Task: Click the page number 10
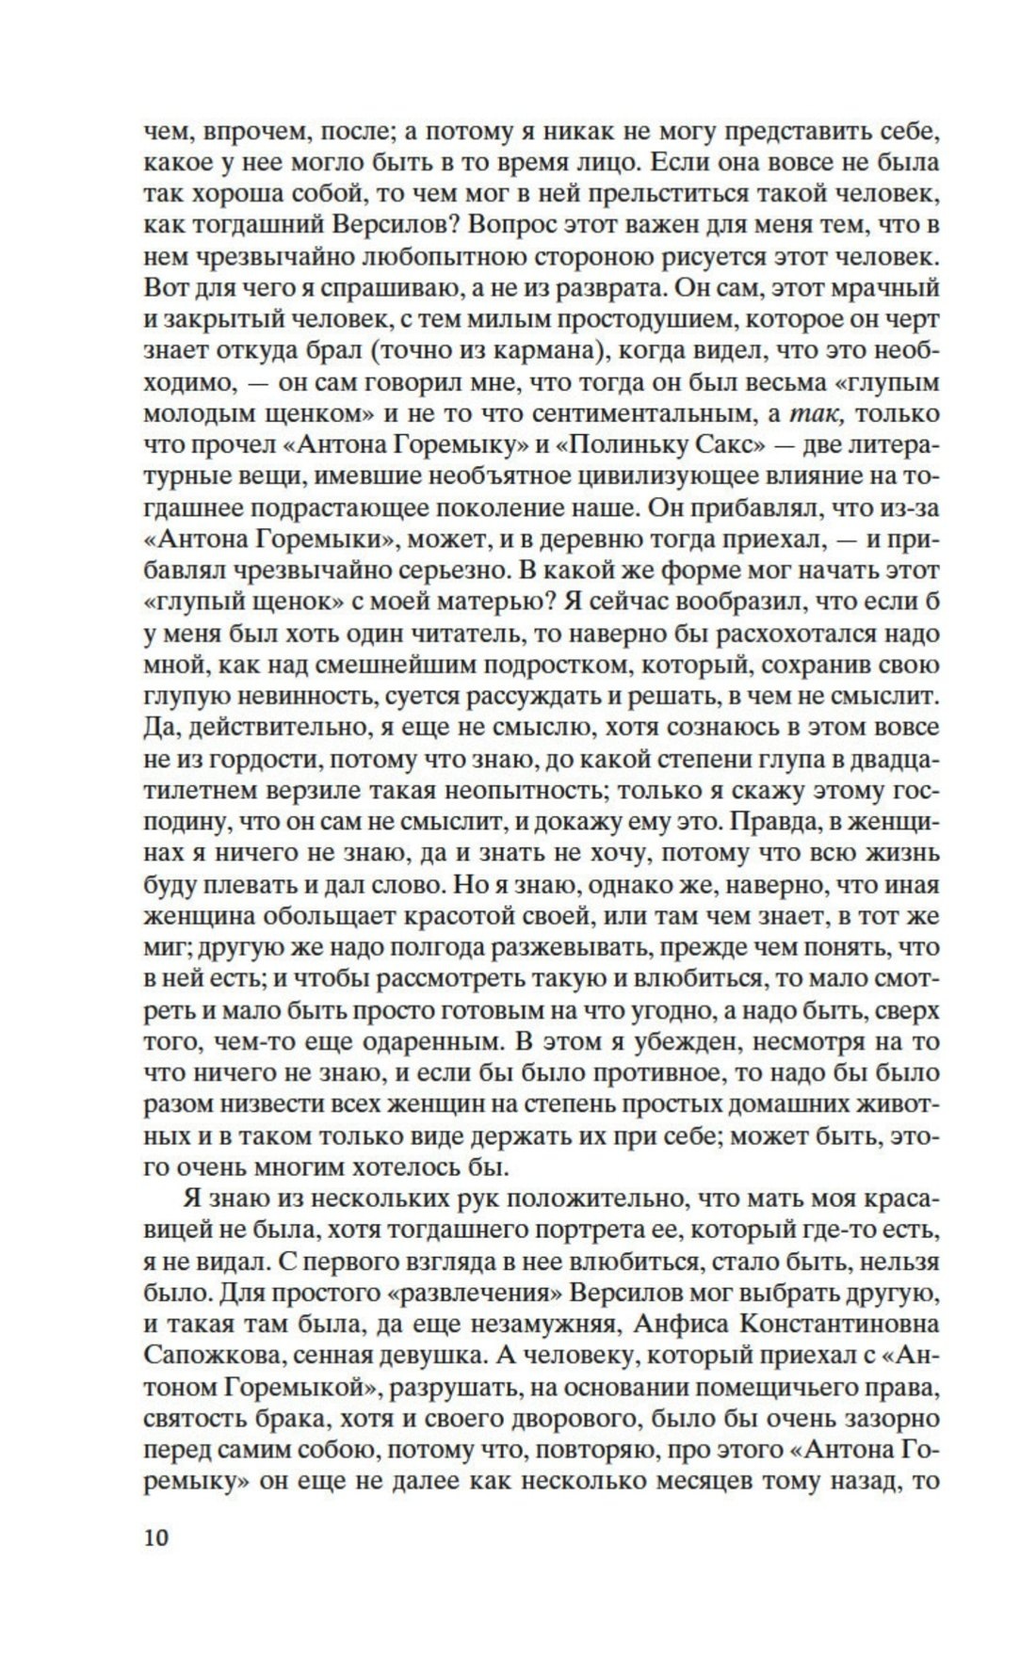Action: [156, 1538]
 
